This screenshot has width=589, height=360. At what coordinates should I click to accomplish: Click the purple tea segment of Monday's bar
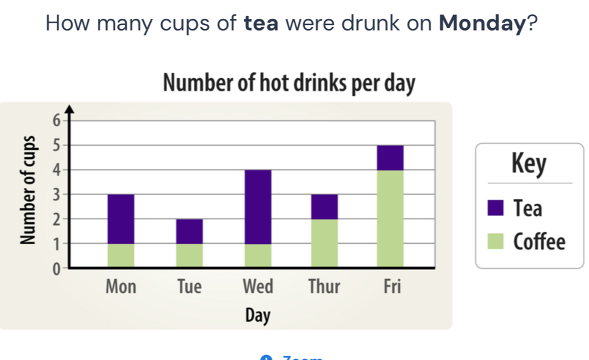click(x=121, y=219)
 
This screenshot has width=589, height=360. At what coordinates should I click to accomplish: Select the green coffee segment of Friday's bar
click(x=390, y=218)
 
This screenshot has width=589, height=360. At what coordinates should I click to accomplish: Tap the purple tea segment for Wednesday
click(x=258, y=207)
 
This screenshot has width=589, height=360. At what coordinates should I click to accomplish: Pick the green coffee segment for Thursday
click(x=324, y=243)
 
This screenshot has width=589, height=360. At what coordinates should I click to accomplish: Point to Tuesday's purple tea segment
click(x=189, y=231)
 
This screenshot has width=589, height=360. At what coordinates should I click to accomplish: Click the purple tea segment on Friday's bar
click(x=390, y=158)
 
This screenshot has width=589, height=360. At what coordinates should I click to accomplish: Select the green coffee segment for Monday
click(x=121, y=255)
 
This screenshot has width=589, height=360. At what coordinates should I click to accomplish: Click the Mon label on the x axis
click(x=120, y=287)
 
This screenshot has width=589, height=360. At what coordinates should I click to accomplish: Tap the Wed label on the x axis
click(x=258, y=287)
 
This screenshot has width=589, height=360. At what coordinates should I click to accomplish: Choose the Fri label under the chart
click(x=391, y=287)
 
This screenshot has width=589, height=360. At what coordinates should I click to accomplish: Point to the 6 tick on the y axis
click(x=54, y=119)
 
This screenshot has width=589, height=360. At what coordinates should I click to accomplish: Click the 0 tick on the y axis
click(x=54, y=269)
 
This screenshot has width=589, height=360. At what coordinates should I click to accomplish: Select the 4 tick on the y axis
click(x=54, y=169)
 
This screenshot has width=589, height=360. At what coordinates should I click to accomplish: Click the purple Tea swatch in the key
click(x=496, y=208)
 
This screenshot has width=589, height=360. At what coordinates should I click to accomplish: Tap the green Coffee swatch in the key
click(x=496, y=242)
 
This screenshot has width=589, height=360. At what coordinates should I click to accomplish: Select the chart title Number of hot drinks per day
click(x=289, y=84)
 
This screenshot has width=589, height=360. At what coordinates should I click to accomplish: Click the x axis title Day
click(x=258, y=316)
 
